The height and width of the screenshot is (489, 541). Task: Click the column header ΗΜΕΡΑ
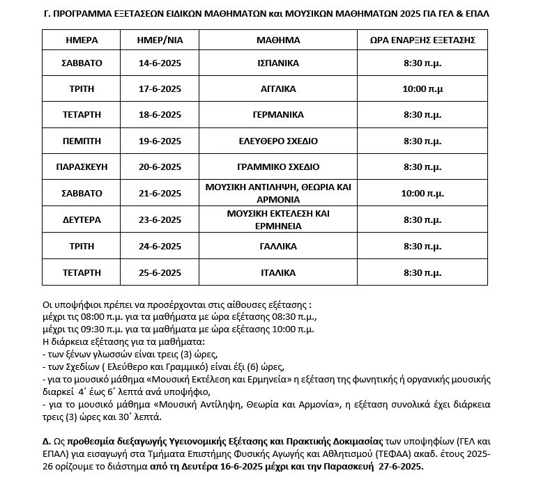(x=82, y=40)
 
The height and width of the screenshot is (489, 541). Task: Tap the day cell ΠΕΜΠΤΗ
(x=82, y=141)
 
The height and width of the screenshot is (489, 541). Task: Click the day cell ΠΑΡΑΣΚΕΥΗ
(x=82, y=166)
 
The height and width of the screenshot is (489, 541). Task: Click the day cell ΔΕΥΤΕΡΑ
(x=82, y=219)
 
